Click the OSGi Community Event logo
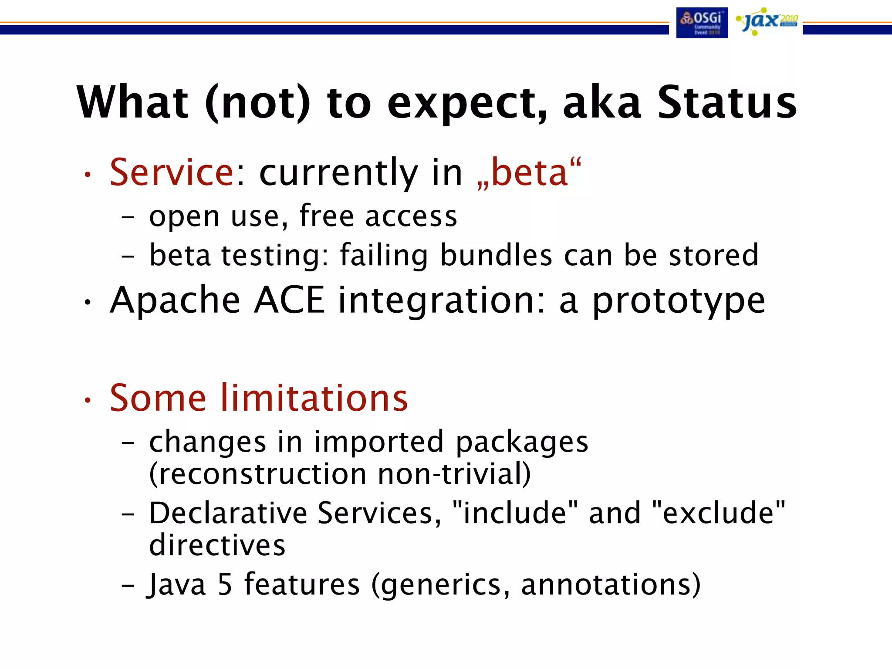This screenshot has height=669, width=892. click(702, 23)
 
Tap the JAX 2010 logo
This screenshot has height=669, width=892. click(767, 21)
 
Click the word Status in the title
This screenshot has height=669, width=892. click(727, 102)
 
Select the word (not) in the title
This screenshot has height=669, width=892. click(257, 102)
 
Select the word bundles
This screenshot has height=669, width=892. click(496, 255)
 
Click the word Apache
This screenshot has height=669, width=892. click(175, 301)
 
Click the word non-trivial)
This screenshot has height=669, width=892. click(454, 474)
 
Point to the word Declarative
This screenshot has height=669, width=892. click(227, 513)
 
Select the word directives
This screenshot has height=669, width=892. click(217, 545)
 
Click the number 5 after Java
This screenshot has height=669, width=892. click(225, 585)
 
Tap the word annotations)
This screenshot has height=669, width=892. click(611, 585)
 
